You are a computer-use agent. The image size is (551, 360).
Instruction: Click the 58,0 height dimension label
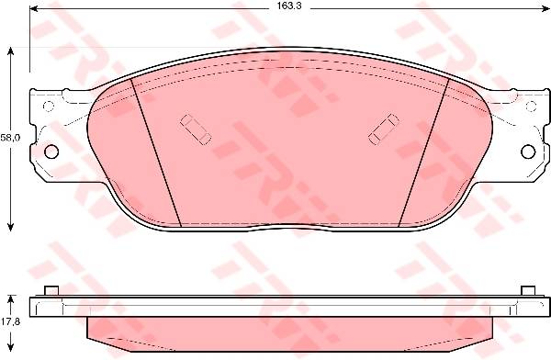click(10, 138)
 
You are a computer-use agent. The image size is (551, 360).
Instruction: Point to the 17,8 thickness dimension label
click(10, 321)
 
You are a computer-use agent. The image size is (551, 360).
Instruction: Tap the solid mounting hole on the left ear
click(51, 152)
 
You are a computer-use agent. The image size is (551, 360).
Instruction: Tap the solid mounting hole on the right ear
click(528, 152)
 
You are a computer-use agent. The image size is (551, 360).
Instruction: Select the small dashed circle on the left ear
click(48, 106)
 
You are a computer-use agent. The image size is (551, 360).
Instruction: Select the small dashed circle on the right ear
click(532, 106)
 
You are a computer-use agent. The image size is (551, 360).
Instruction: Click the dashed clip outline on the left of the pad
click(196, 129)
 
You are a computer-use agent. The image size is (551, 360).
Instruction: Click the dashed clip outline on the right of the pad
click(384, 129)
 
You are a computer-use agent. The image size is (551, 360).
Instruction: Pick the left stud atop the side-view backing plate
click(51, 291)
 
